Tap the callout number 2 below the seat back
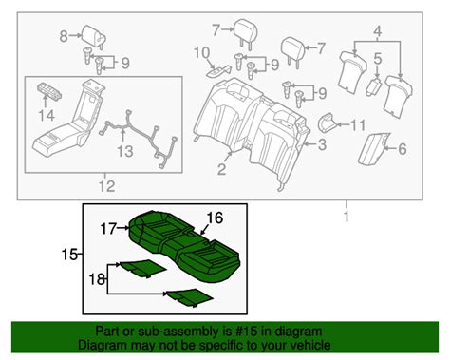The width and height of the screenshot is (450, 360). click(x=221, y=171)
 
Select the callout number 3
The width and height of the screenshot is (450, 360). click(x=321, y=144)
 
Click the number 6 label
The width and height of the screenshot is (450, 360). click(x=402, y=147)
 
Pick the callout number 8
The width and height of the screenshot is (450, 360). click(x=64, y=37)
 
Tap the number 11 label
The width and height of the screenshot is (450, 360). click(x=358, y=124)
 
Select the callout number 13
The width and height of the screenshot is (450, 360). click(x=120, y=149)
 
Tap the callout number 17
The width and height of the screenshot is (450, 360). click(x=109, y=227)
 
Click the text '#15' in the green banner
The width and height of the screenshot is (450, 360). click(x=245, y=332)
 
